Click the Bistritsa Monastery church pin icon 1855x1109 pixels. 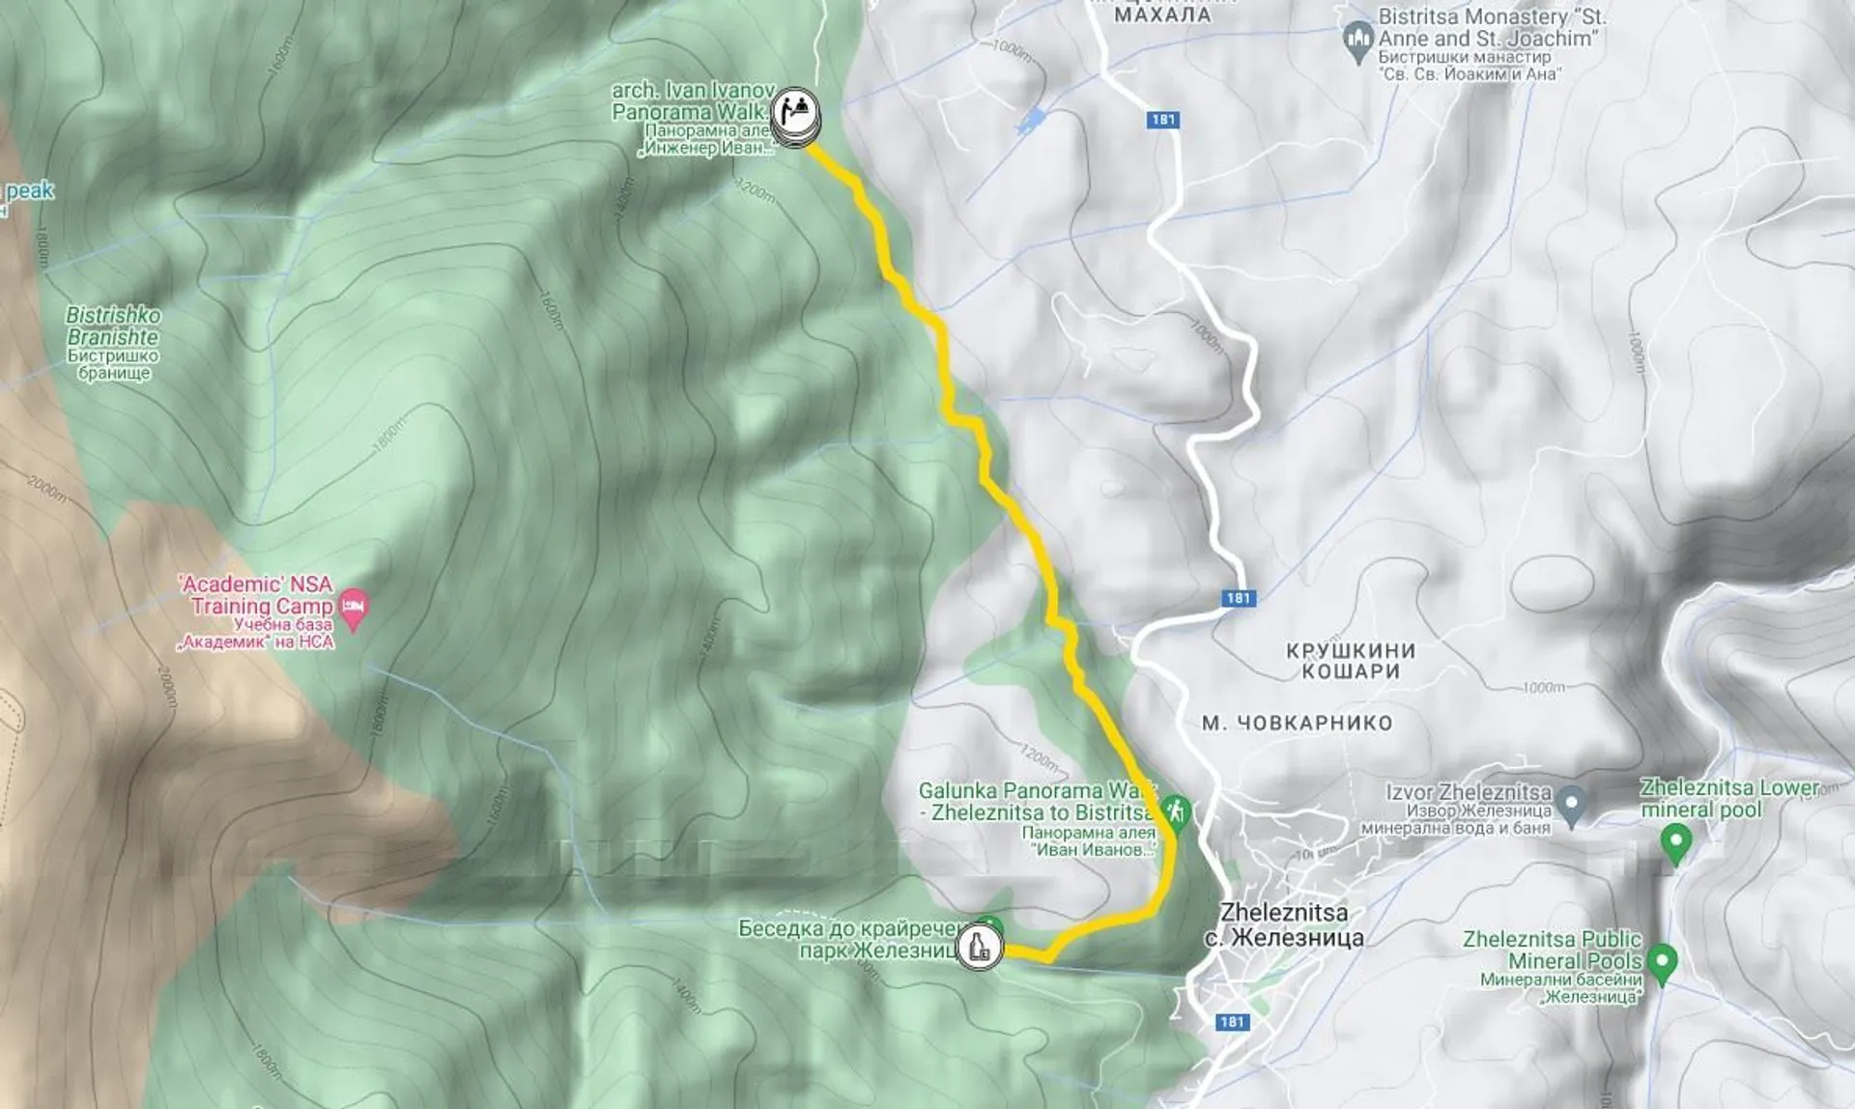point(1358,42)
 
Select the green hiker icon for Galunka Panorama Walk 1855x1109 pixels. point(1175,810)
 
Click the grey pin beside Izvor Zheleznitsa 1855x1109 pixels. point(1572,804)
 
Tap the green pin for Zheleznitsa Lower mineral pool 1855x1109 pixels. point(1676,842)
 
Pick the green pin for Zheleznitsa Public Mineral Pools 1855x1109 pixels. point(1662,962)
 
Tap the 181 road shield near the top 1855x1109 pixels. point(1163,120)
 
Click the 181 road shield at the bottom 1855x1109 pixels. point(1232,1022)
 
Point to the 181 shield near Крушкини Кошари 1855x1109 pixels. point(1239,598)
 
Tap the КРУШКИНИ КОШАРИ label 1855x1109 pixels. point(1351,661)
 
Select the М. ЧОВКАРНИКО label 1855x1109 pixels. point(1297,723)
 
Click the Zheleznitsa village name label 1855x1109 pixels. point(1284,924)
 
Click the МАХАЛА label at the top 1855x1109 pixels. point(1162,14)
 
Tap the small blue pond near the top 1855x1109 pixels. point(1032,121)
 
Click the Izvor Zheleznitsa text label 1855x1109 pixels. point(1469,792)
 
